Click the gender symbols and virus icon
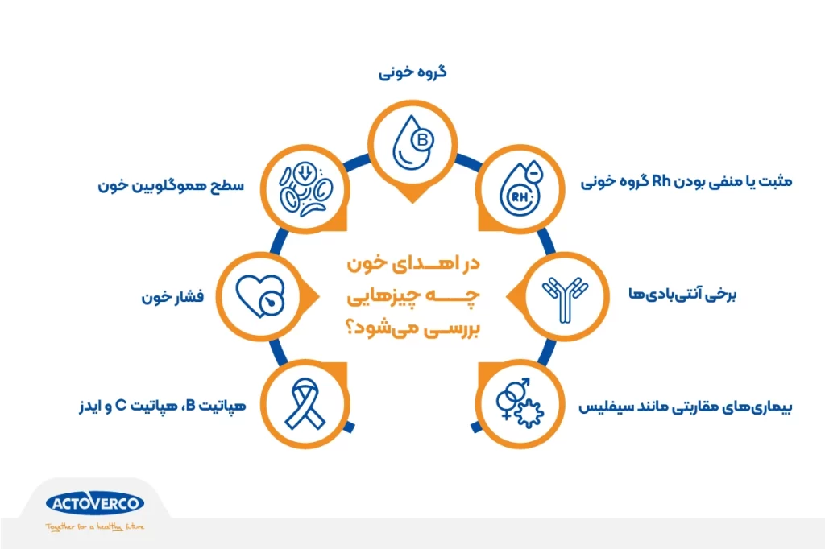pyautogui.click(x=520, y=402)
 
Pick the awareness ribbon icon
pyautogui.click(x=305, y=403)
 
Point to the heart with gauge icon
pyautogui.click(x=260, y=296)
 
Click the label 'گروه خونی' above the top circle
pyautogui.click(x=412, y=72)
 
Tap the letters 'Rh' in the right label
pyautogui.click(x=661, y=181)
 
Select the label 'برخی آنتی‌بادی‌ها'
pyautogui.click(x=682, y=295)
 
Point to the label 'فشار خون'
pyautogui.click(x=172, y=297)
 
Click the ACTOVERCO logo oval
pyautogui.click(x=95, y=504)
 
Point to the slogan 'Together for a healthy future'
pyautogui.click(x=95, y=526)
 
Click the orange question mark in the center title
pyautogui.click(x=350, y=329)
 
